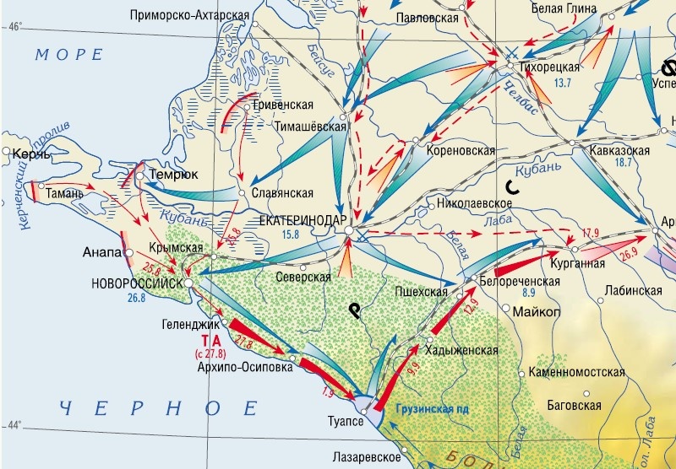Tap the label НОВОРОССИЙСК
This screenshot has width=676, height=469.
pyautogui.click(x=137, y=283)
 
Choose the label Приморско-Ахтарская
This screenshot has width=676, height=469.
pyautogui.click(x=191, y=15)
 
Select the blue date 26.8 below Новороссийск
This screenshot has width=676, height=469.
pyautogui.click(x=137, y=298)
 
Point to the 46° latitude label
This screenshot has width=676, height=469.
pyautogui.click(x=16, y=26)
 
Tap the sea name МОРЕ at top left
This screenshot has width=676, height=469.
pyautogui.click(x=69, y=55)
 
